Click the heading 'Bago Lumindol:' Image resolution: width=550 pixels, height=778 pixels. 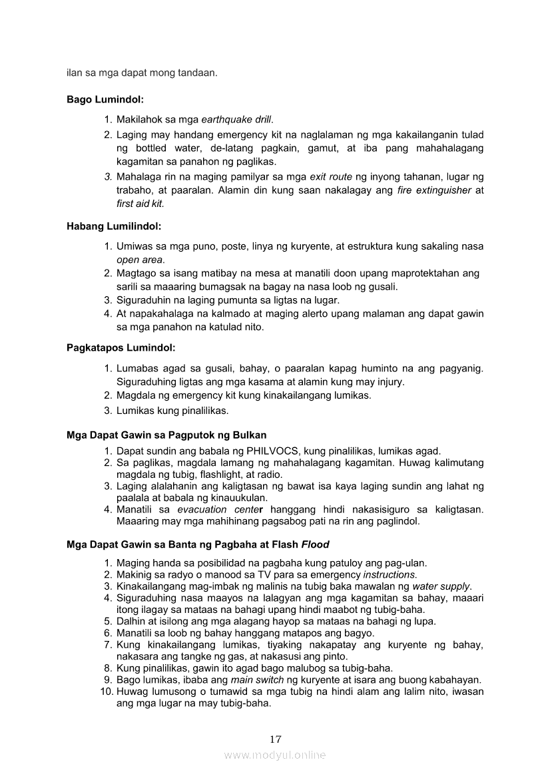[x=105, y=100]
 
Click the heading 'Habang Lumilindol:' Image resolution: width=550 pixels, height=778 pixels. [x=114, y=226]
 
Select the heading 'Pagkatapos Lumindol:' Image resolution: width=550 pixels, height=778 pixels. [x=121, y=347]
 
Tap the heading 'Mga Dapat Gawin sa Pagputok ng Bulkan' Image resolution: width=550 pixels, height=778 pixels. [x=166, y=435]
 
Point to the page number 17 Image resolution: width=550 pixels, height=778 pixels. [x=276, y=739]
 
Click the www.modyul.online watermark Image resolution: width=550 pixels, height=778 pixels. [x=275, y=755]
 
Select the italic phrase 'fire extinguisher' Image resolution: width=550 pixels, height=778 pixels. [x=434, y=190]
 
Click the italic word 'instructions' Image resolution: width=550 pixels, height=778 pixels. [x=390, y=574]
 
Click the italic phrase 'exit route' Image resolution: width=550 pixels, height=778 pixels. [x=330, y=177]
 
